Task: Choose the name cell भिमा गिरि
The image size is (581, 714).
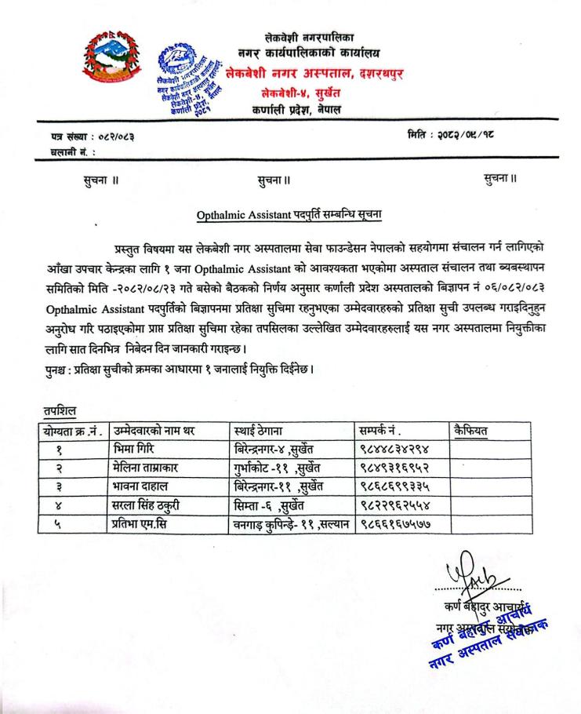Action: pos(143,448)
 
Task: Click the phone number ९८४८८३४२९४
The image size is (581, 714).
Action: pos(392,448)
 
